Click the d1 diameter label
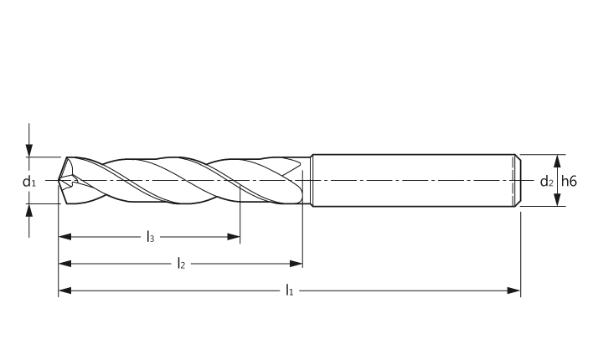(x=28, y=181)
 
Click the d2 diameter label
(x=546, y=181)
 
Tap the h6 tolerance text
(x=569, y=181)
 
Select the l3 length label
(x=151, y=237)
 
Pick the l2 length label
(x=181, y=264)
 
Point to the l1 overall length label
(x=289, y=291)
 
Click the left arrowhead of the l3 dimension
(x=65, y=237)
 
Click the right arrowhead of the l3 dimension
(x=234, y=237)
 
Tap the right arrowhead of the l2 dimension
(x=296, y=264)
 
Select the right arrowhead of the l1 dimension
(x=513, y=291)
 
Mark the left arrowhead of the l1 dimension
(x=65, y=291)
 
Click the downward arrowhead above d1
(x=29, y=151)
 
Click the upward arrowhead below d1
(x=29, y=210)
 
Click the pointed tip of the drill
(x=59, y=180)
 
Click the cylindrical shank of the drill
(x=414, y=180)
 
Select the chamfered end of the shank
(x=518, y=180)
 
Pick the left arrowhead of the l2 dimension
(x=65, y=264)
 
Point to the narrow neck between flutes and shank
(x=307, y=180)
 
